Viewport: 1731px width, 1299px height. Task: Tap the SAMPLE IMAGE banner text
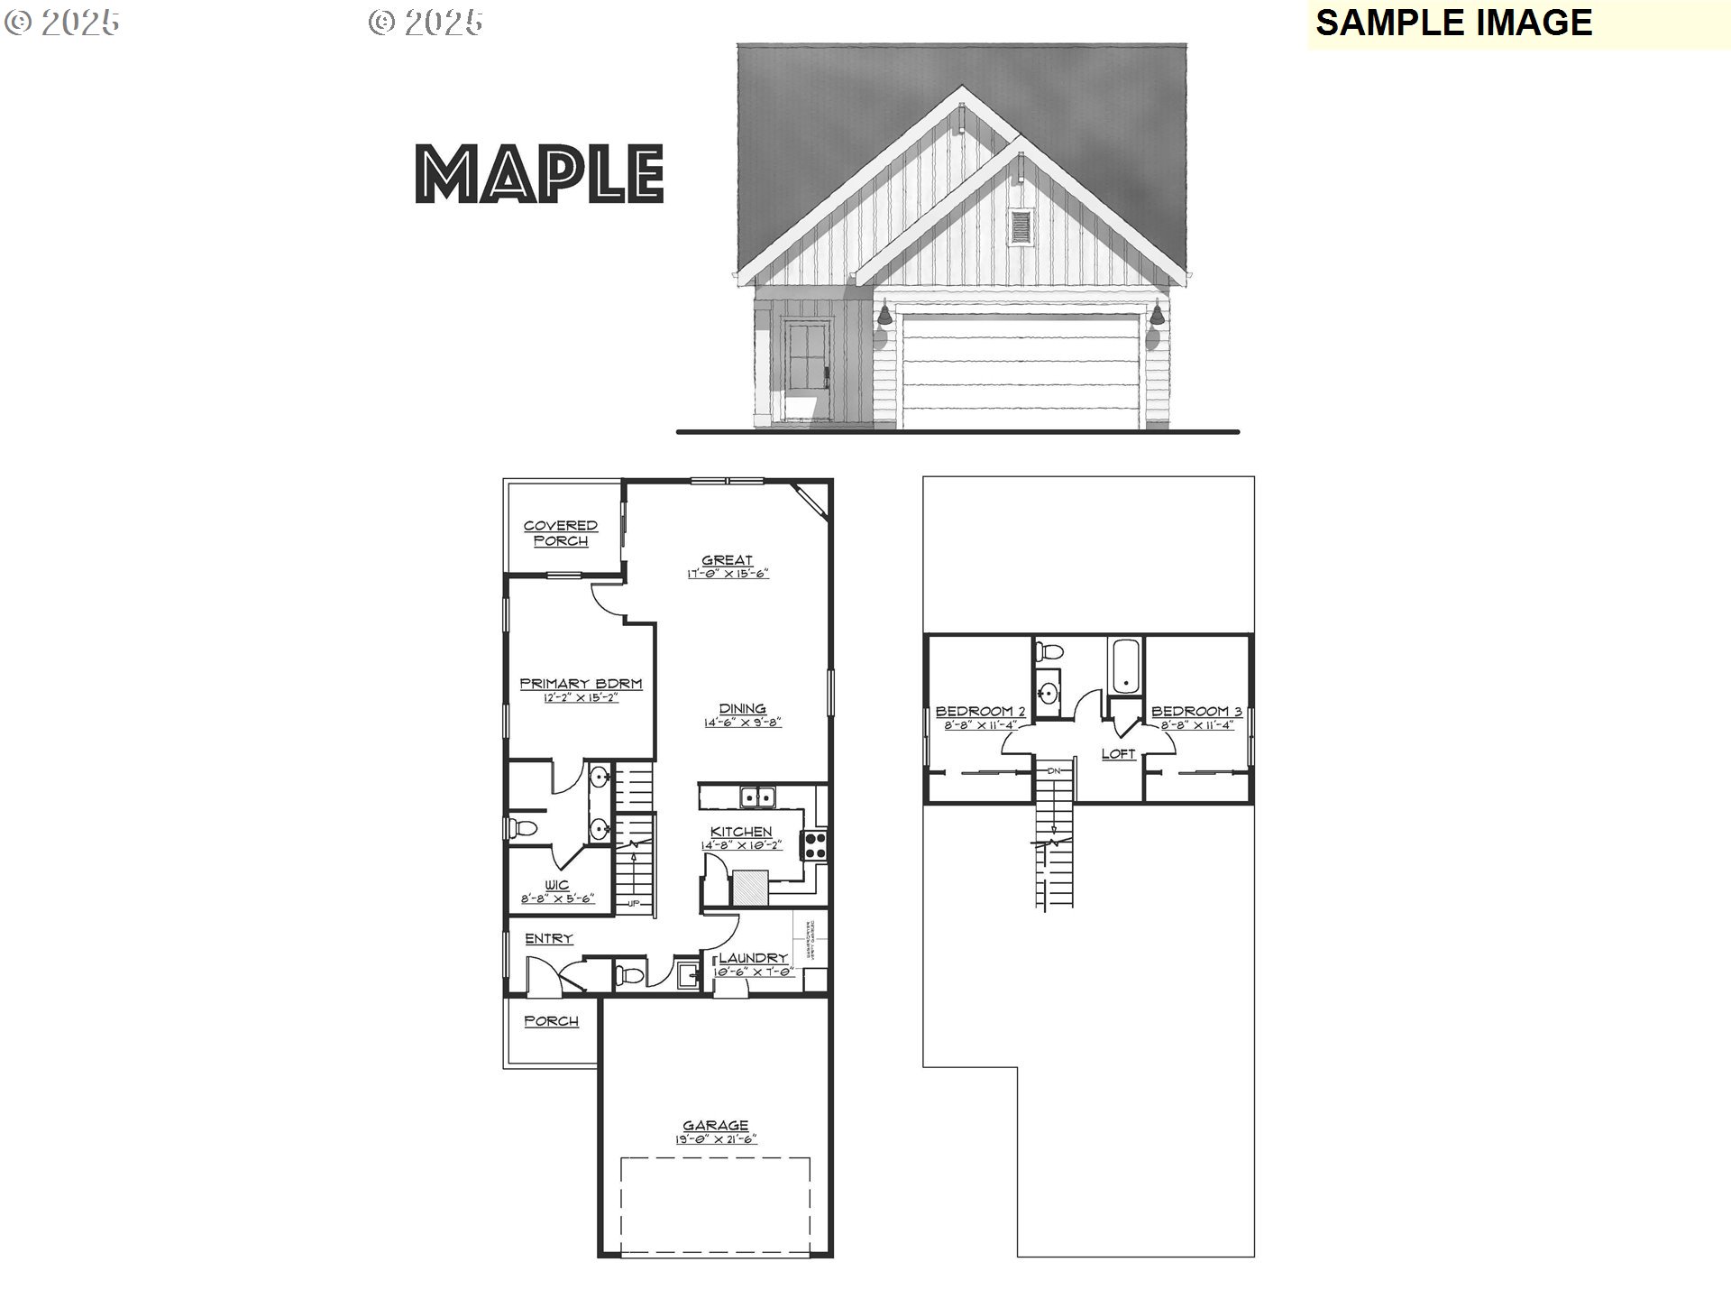[x=1453, y=23]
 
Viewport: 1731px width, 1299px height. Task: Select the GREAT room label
[x=727, y=560]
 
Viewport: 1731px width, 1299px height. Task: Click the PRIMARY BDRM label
[x=581, y=684]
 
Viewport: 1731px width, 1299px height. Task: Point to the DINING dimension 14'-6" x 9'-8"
[x=742, y=723]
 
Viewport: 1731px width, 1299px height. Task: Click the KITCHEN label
[x=741, y=832]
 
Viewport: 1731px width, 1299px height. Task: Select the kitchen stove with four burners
[x=815, y=844]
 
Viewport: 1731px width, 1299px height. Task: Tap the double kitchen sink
[x=757, y=797]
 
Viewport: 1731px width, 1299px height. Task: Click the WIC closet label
[x=557, y=885]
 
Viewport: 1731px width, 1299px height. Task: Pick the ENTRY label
[x=549, y=939]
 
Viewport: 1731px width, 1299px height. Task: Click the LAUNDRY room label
[x=754, y=958]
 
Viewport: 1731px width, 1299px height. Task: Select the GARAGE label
[x=716, y=1125]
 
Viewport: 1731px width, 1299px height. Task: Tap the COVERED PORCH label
[x=561, y=533]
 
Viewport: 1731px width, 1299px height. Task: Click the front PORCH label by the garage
[x=551, y=1021]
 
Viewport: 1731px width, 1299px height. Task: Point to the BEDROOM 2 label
[x=980, y=712]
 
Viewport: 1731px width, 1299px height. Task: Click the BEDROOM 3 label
[x=1196, y=712]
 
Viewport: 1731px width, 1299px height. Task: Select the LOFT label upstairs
[x=1118, y=754]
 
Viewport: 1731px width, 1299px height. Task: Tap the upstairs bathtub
[x=1125, y=666]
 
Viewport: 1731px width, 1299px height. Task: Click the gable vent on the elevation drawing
[x=1021, y=227]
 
